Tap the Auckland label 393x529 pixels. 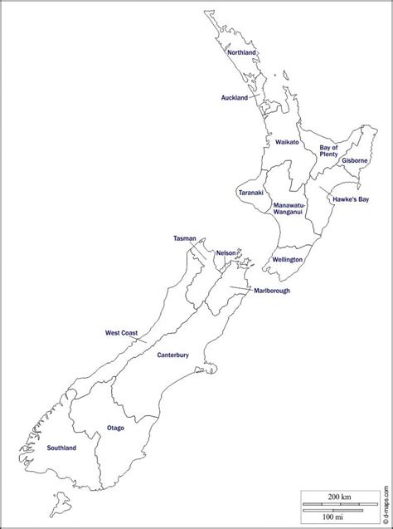pos(235,98)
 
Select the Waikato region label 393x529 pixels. pos(287,142)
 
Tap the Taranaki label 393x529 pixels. pos(250,193)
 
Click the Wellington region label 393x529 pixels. pos(287,260)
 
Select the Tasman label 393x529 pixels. pos(184,238)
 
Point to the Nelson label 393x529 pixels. pos(226,252)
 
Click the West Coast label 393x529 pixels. pos(121,333)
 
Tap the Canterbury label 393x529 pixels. pos(173,355)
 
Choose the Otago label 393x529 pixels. pos(115,428)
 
